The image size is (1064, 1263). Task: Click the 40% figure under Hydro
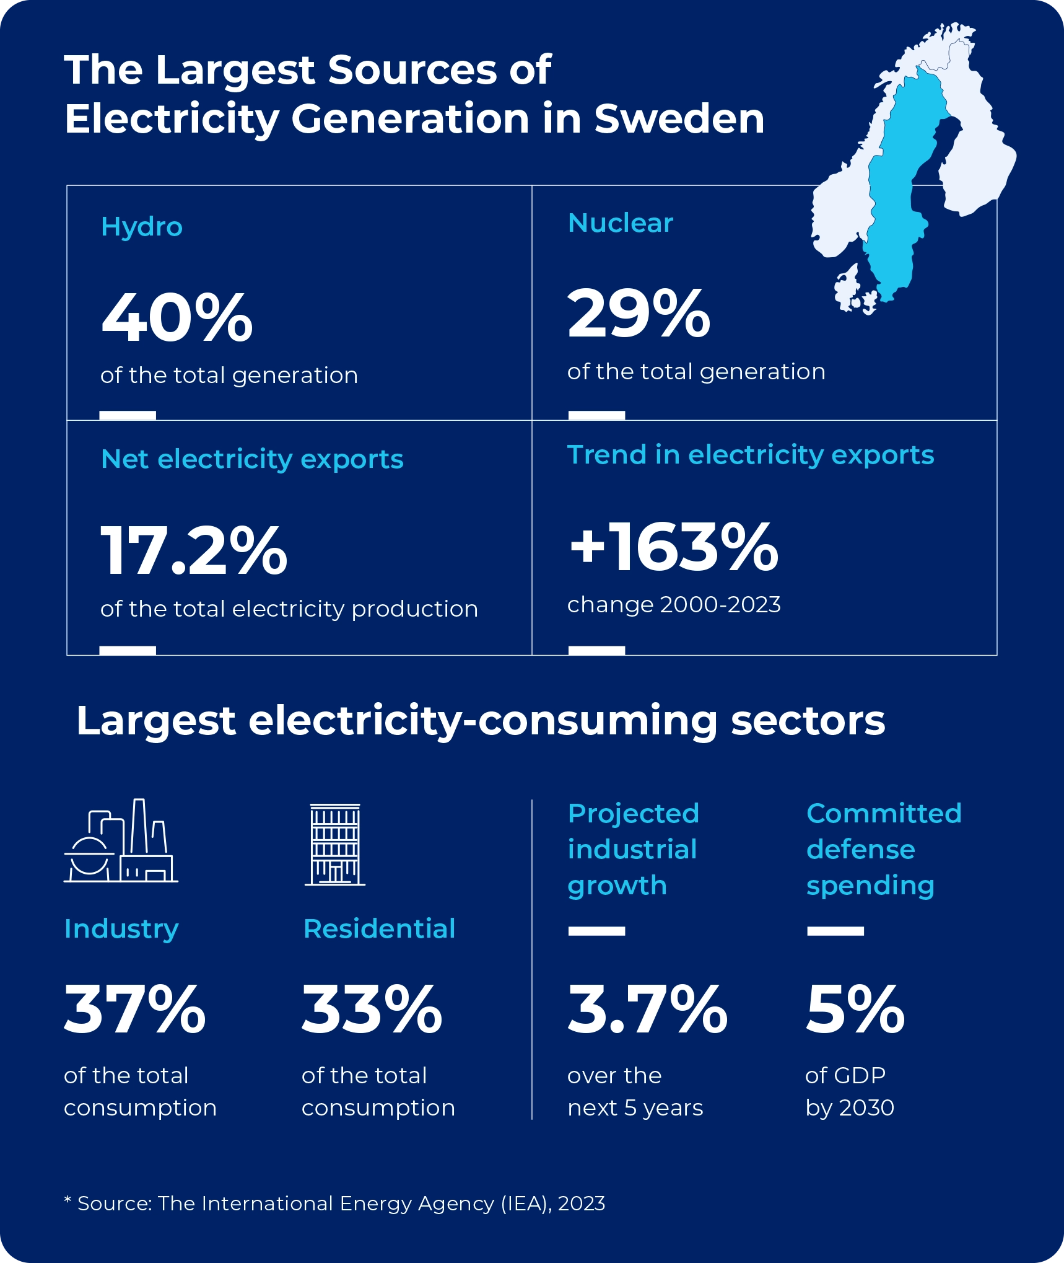(177, 319)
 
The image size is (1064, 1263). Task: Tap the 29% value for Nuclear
(639, 315)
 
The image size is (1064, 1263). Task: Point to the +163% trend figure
(673, 547)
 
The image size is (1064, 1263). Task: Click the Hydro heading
(141, 227)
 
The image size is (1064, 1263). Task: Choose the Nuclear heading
(620, 223)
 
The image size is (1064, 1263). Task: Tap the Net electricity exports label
(251, 459)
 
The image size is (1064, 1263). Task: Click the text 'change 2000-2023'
(673, 604)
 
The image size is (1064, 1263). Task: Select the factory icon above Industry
(121, 842)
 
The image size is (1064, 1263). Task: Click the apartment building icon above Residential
(335, 845)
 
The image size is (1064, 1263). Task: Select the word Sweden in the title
(679, 119)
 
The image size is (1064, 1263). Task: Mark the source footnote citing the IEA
(334, 1204)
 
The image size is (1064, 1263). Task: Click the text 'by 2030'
(849, 1107)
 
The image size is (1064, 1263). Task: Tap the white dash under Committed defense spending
(835, 931)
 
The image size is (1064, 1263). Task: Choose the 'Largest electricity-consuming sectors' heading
(481, 721)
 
